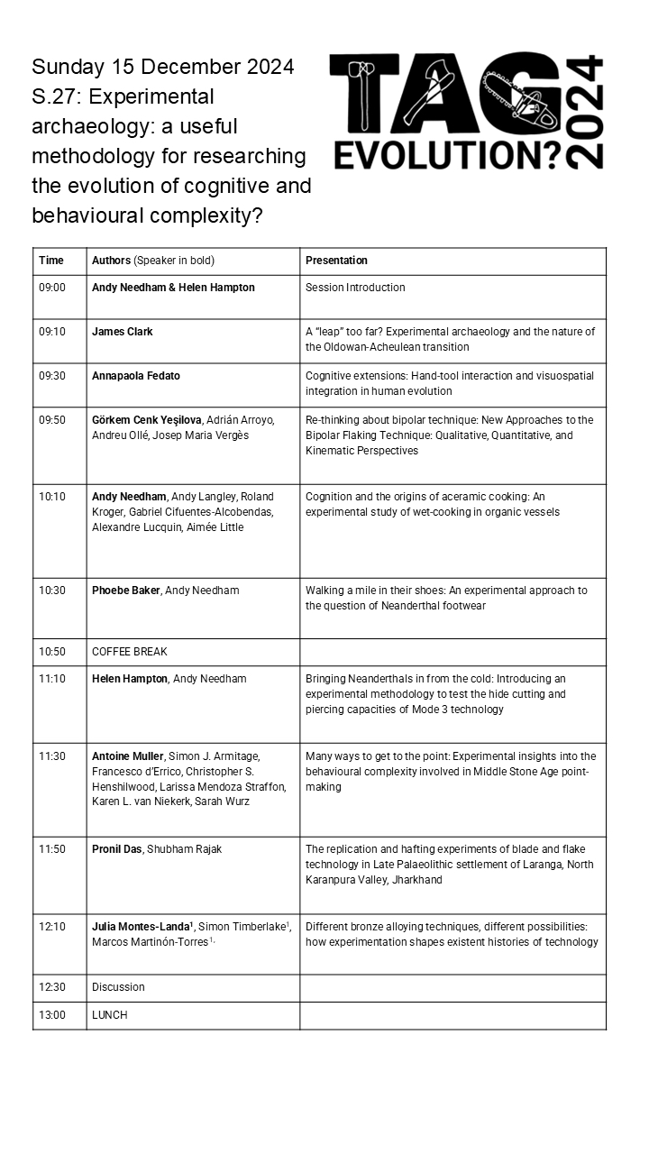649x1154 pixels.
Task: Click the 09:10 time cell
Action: tap(52, 332)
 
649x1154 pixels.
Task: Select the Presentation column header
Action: tap(336, 261)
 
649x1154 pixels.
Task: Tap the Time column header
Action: tap(51, 261)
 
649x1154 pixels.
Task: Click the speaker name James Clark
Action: tap(123, 332)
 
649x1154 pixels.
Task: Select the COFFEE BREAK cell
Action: tap(130, 652)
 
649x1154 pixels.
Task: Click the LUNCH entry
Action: tap(110, 1015)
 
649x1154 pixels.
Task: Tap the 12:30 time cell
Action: tap(52, 987)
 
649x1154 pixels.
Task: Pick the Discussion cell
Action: tap(118, 987)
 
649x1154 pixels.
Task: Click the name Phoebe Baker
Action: tap(125, 591)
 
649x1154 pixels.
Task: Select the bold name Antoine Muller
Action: tap(128, 756)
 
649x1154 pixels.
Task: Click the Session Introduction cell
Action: tap(355, 288)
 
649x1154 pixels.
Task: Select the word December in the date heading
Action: tap(187, 67)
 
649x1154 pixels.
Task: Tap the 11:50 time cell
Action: tap(52, 849)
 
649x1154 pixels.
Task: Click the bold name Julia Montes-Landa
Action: tap(142, 927)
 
